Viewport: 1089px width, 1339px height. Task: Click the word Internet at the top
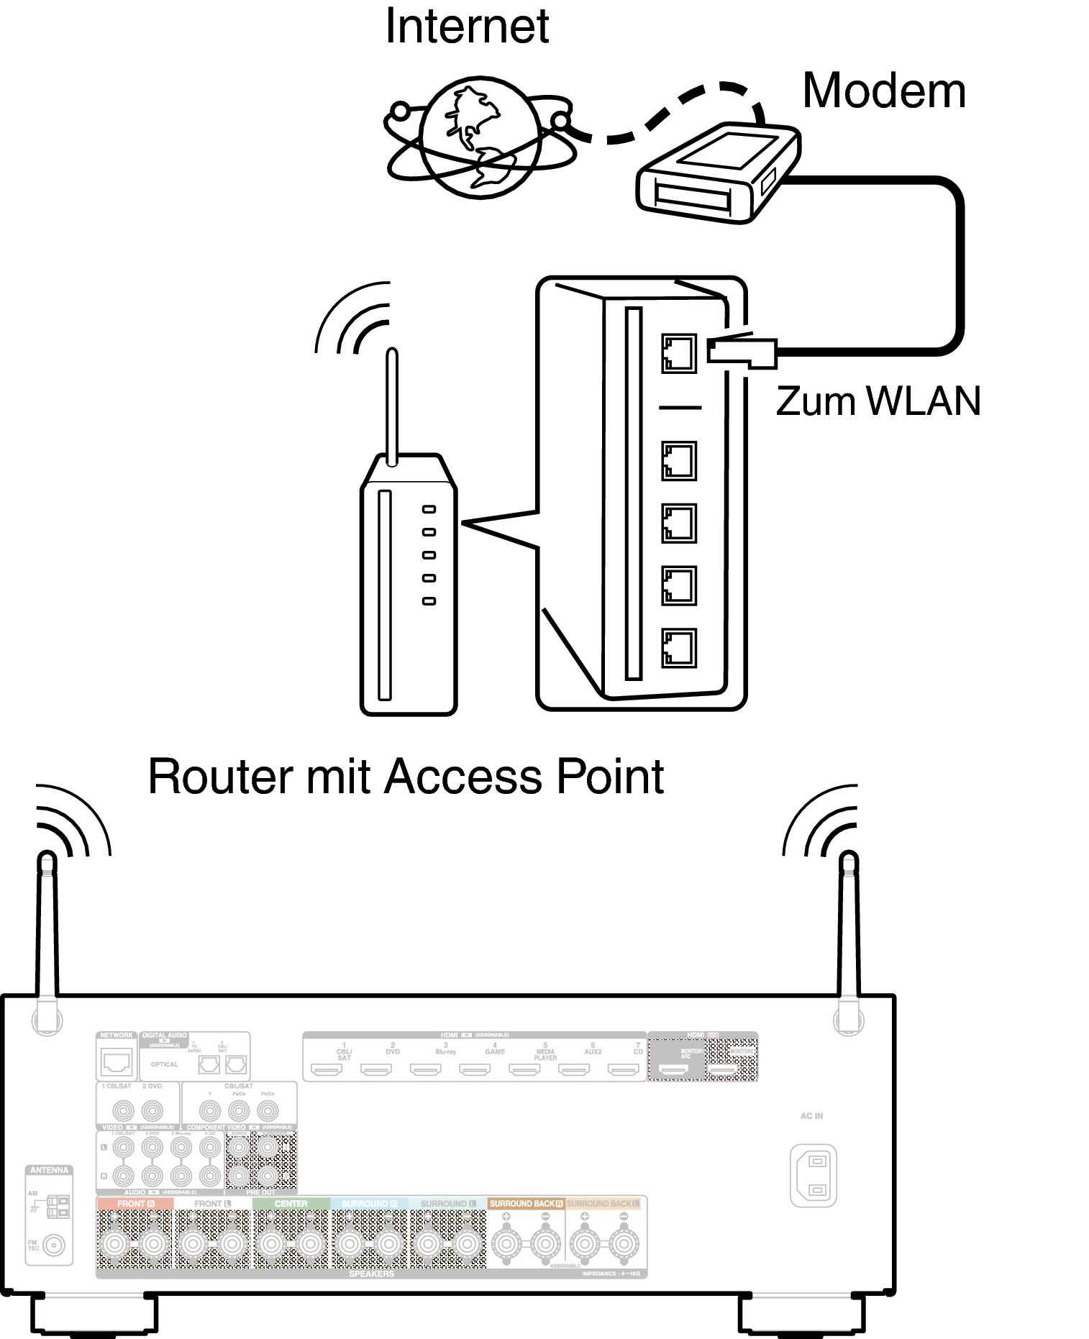[467, 27]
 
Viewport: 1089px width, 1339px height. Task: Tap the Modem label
[883, 91]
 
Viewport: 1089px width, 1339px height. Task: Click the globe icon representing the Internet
[480, 137]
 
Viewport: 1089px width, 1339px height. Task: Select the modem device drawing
[718, 173]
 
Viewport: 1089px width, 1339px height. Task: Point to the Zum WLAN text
[878, 401]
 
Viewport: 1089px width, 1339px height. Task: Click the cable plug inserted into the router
[742, 352]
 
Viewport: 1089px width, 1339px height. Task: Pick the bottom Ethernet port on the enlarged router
[678, 648]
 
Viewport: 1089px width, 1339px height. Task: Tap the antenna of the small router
[392, 406]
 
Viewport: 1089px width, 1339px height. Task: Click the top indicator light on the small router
[429, 509]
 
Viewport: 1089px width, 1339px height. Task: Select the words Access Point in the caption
[524, 777]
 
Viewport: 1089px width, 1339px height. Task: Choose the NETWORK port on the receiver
[117, 1061]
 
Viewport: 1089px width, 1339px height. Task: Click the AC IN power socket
[814, 1175]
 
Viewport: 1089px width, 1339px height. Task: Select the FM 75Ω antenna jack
[54, 1245]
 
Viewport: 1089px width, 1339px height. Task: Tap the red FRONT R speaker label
[135, 1204]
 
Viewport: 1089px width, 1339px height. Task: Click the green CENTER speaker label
[291, 1204]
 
